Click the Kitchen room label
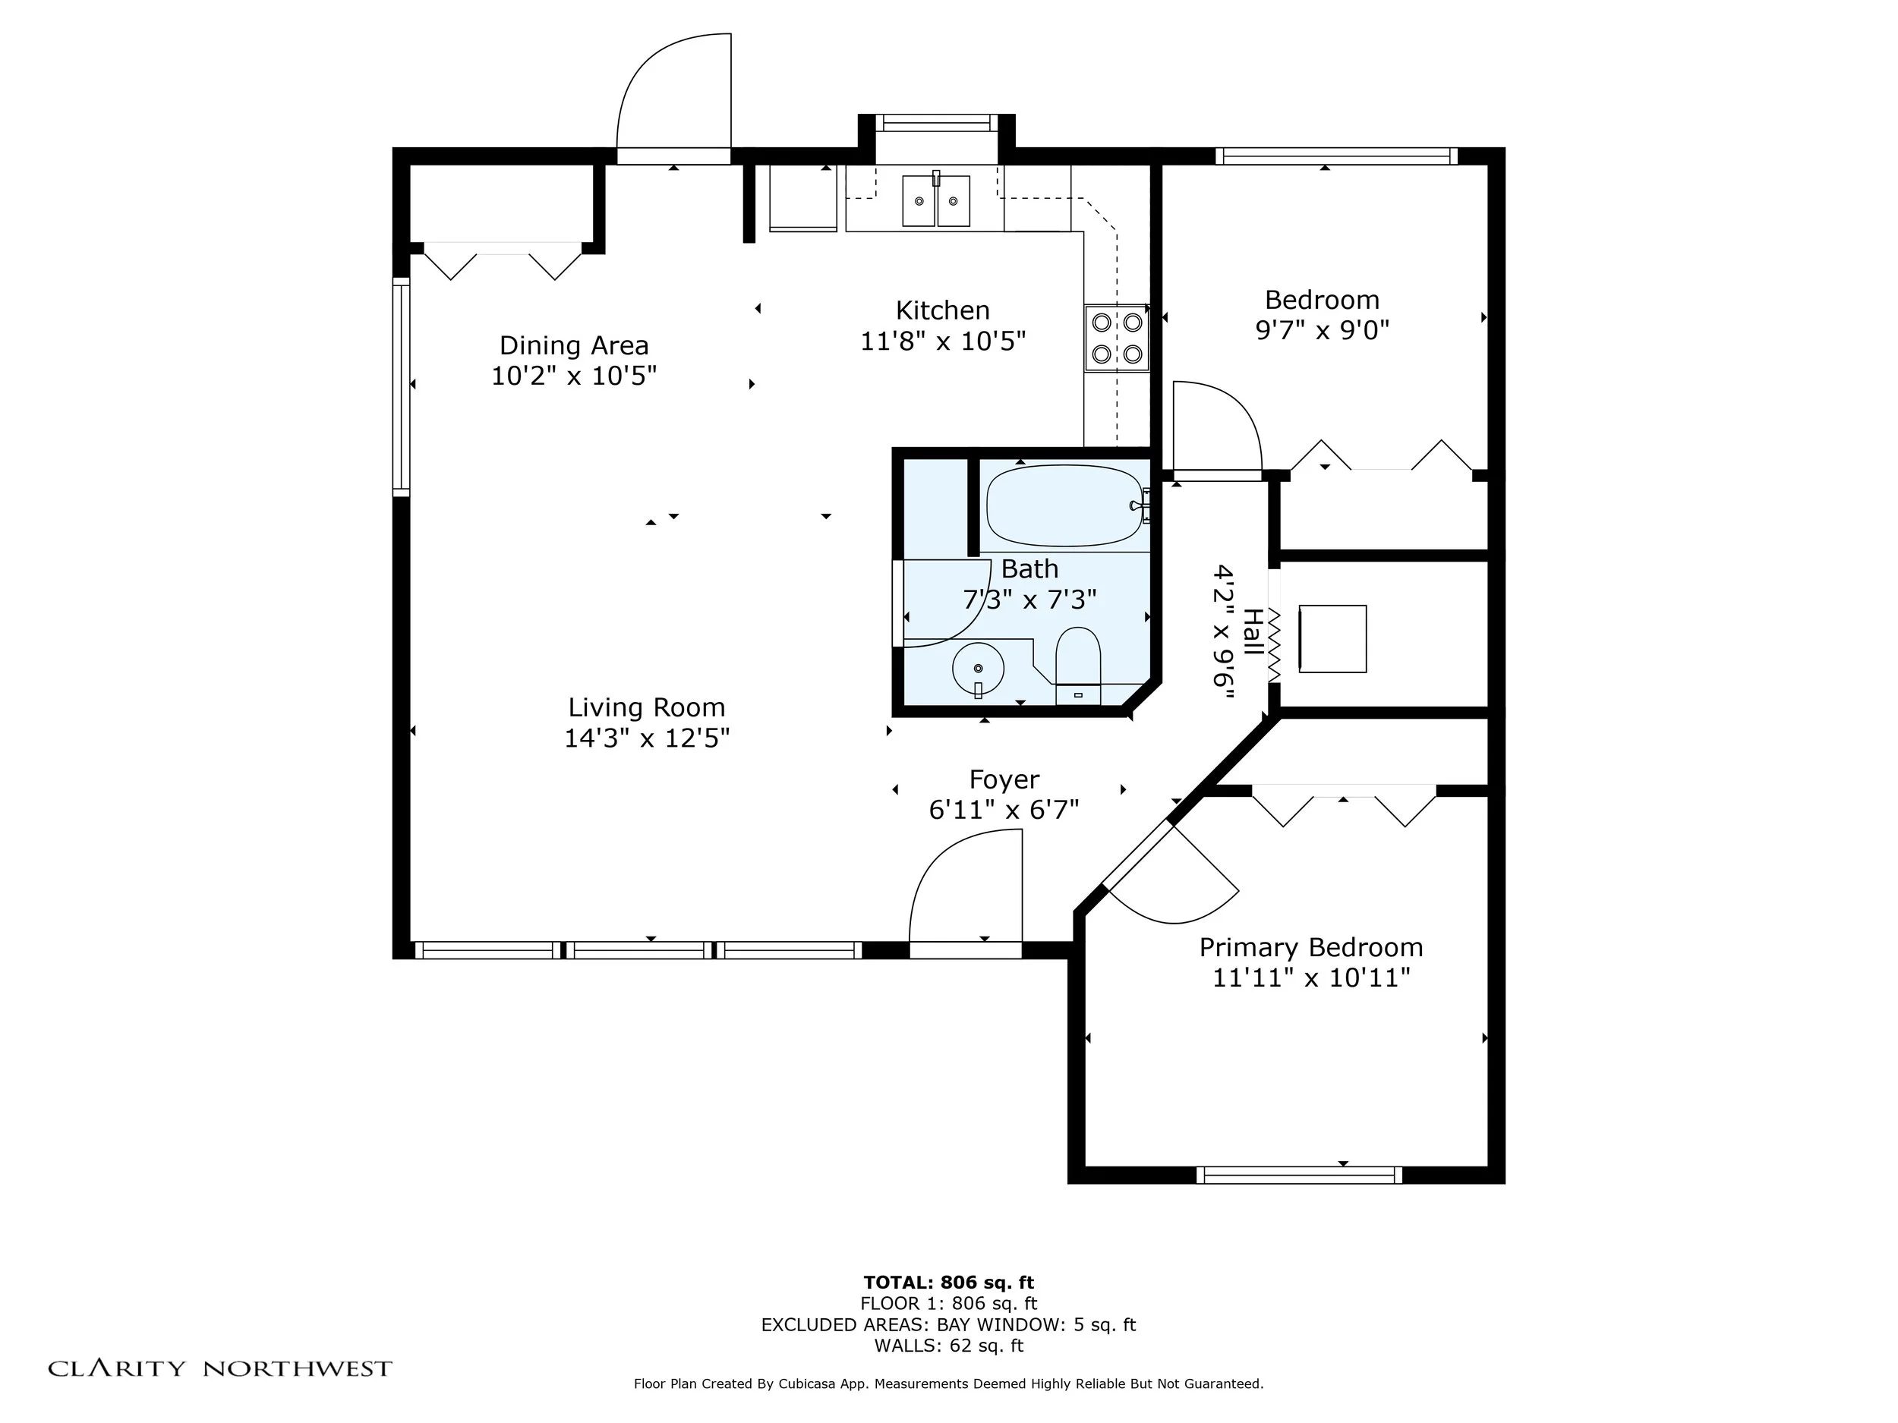pos(942,310)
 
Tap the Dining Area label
pos(574,345)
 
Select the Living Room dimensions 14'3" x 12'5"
pos(647,738)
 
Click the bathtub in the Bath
pos(1066,506)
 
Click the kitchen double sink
pos(935,200)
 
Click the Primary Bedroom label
pos(1311,947)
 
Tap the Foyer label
pos(1004,779)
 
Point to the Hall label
pos(1253,632)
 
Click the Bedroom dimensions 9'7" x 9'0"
pos(1323,330)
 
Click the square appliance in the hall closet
pos(1332,639)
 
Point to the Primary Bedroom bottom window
pos(1299,1175)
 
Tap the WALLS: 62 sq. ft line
pos(949,1346)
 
